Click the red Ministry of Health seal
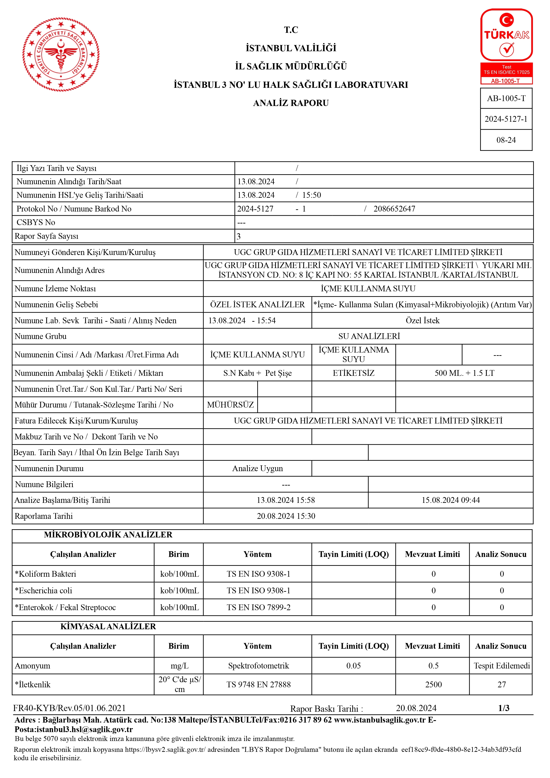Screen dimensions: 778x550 point(61,54)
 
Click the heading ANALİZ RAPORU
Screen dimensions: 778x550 point(291,103)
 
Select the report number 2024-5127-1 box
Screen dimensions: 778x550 point(506,119)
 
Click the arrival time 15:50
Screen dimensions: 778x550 point(311,195)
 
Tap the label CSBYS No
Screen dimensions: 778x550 point(35,222)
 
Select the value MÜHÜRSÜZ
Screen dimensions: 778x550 point(230,405)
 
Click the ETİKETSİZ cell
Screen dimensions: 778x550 point(354,373)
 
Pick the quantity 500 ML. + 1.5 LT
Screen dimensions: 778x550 point(464,373)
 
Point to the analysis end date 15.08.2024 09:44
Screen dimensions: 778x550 point(450,500)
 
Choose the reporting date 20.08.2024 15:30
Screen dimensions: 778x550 point(286,516)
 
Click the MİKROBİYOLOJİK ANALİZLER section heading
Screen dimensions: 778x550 point(108,535)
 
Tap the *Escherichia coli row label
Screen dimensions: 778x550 point(43,591)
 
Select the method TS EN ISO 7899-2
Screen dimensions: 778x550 point(259,608)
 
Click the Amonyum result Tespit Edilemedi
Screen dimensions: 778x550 point(501,666)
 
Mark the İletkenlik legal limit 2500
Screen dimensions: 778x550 point(433,684)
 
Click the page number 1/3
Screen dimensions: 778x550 point(504,708)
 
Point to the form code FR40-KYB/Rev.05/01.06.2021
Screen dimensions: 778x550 point(69,708)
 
